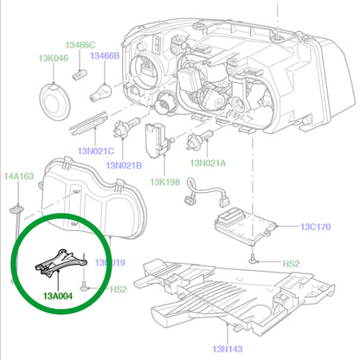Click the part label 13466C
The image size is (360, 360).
coord(80,44)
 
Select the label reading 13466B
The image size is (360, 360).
coord(104,55)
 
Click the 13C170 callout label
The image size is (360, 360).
coord(316,228)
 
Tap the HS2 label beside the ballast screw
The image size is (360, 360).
coord(291,262)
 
